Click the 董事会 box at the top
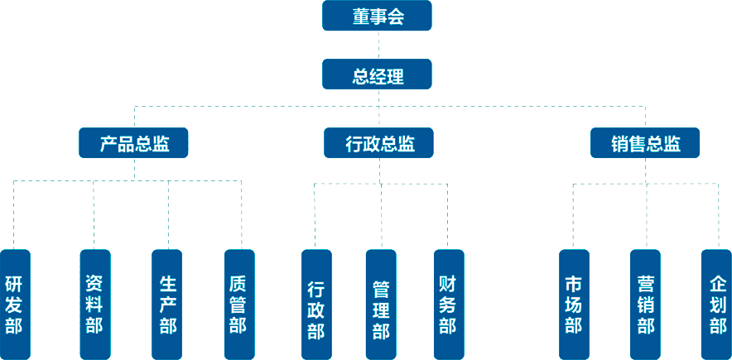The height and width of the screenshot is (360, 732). (x=378, y=17)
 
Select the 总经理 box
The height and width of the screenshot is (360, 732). (x=378, y=77)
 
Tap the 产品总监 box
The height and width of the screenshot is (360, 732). (x=134, y=144)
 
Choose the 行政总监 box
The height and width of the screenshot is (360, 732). (x=379, y=144)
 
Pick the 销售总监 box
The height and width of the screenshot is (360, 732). (x=646, y=144)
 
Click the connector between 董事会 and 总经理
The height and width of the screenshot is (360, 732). (x=378, y=46)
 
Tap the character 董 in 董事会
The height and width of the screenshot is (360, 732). (x=361, y=17)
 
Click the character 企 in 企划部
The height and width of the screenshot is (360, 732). (x=717, y=281)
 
